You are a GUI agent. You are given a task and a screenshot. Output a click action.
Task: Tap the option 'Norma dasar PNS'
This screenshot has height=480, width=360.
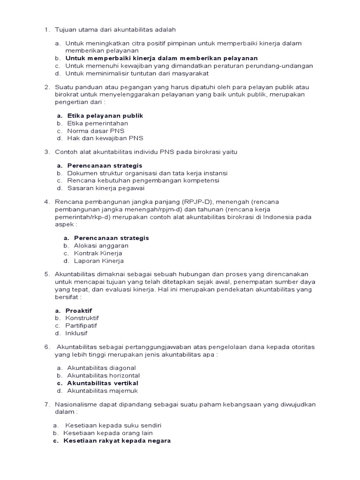click(96, 131)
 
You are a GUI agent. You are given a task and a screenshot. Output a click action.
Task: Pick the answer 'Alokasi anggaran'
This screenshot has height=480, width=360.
click(101, 246)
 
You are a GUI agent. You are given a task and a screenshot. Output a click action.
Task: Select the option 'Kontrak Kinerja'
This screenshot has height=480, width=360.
click(98, 253)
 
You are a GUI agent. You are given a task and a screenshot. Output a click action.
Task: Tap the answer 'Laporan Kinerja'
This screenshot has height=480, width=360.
click(98, 261)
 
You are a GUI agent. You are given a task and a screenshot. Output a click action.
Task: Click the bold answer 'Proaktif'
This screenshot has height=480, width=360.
click(79, 310)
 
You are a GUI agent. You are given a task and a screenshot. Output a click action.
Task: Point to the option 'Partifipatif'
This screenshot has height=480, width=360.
click(81, 325)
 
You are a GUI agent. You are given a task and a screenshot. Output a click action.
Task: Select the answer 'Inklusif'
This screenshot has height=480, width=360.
click(76, 333)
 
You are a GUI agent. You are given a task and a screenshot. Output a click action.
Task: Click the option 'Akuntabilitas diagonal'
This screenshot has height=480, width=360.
click(101, 368)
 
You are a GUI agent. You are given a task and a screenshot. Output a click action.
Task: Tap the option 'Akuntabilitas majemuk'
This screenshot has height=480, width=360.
click(103, 390)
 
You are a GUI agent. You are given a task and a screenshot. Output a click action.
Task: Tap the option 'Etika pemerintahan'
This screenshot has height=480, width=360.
click(97, 123)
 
